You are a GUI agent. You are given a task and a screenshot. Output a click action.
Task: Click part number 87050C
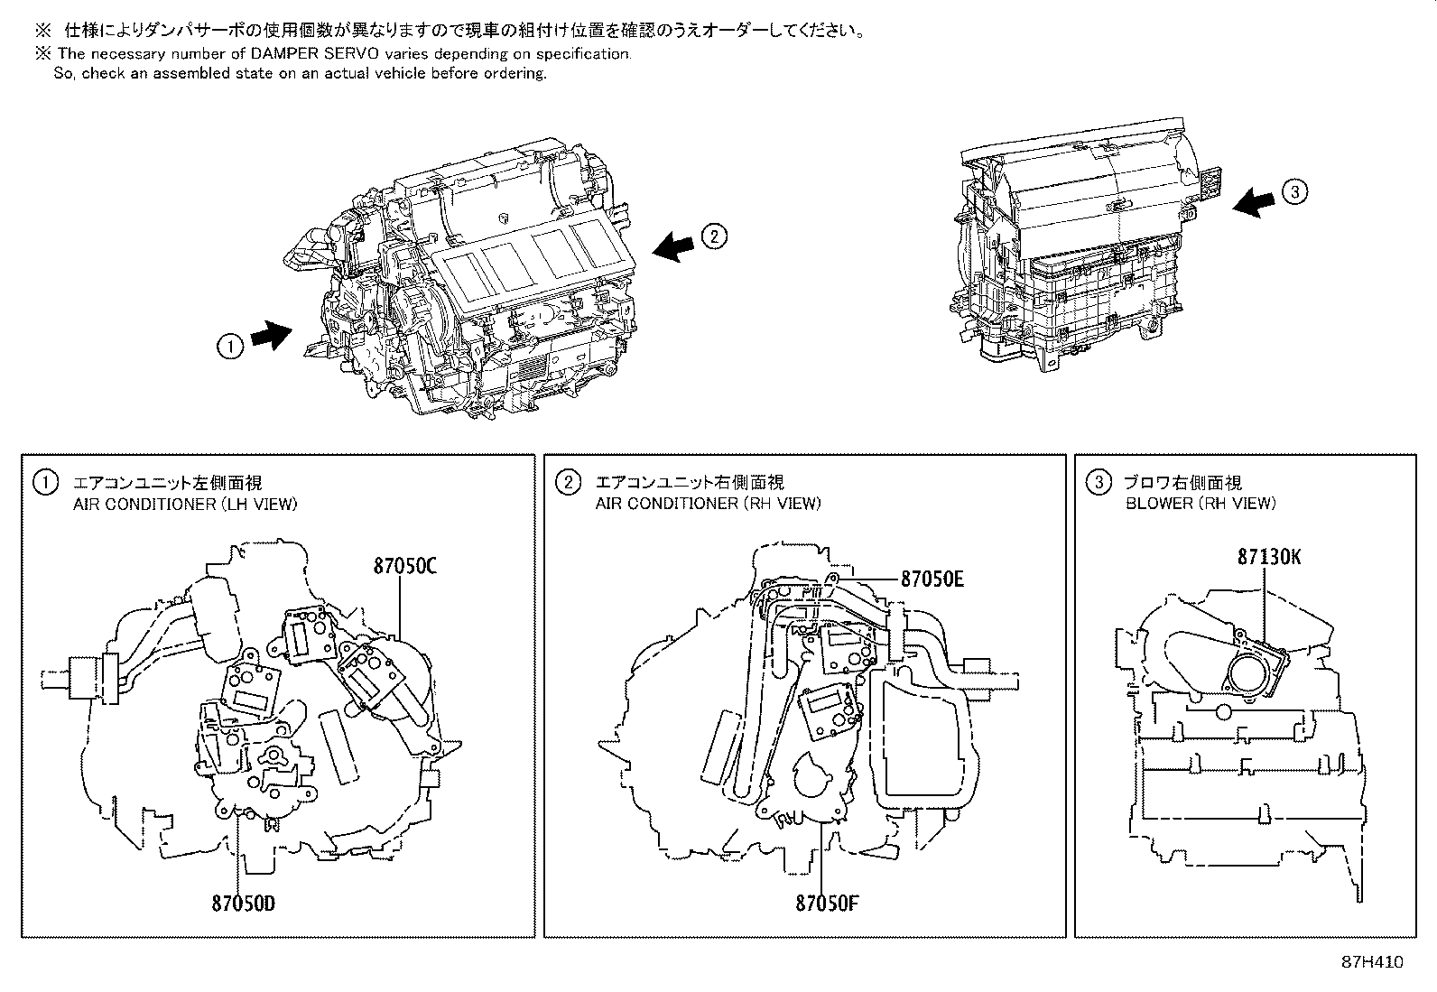click(405, 567)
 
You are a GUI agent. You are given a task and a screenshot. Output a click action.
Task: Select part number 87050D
click(244, 902)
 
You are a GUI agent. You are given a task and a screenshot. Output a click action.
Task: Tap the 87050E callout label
click(932, 579)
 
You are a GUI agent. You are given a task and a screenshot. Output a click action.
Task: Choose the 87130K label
click(1269, 557)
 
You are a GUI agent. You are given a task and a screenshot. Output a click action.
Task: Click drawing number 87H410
click(1373, 962)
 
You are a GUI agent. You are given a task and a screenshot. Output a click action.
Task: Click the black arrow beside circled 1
click(272, 335)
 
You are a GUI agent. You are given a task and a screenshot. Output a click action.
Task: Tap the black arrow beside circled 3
click(1256, 202)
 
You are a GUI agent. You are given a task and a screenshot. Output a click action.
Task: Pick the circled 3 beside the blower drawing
click(1294, 191)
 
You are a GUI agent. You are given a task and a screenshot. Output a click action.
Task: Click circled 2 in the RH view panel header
click(568, 483)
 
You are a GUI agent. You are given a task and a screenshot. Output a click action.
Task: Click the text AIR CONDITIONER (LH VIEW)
click(185, 504)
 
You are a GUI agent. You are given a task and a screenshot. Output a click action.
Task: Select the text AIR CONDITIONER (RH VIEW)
click(708, 504)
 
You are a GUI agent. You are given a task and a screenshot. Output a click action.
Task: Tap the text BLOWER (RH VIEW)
click(1201, 504)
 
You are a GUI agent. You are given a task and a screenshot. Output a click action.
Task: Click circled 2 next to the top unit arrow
click(713, 236)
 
